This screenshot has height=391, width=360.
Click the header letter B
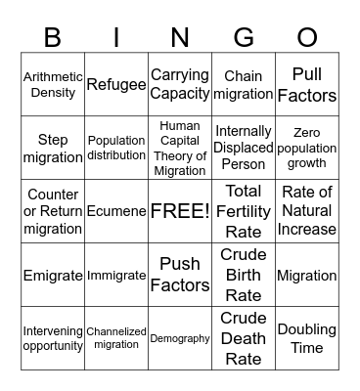(x=53, y=37)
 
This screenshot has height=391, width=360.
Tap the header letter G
(x=244, y=37)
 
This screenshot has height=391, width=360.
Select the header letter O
(x=307, y=37)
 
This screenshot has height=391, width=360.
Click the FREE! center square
(x=180, y=211)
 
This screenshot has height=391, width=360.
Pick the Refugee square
(x=116, y=84)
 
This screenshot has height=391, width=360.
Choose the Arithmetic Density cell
(x=53, y=84)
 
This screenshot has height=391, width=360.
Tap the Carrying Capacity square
(x=180, y=84)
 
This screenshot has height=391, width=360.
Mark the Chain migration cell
(x=244, y=84)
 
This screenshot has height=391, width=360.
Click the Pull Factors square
(x=307, y=84)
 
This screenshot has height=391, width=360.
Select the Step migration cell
(x=53, y=148)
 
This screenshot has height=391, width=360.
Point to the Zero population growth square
(x=307, y=148)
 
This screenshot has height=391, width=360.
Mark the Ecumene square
(x=116, y=211)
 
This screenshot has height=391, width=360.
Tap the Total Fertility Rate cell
(x=244, y=211)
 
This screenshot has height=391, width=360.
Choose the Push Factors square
(x=180, y=275)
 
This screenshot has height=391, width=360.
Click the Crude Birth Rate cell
(x=244, y=275)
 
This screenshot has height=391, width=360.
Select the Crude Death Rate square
(x=244, y=338)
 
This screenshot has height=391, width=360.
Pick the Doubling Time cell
(x=307, y=338)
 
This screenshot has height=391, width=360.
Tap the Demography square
(x=180, y=338)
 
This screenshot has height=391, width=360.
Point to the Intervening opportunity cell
(x=53, y=338)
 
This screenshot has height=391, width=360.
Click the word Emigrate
(x=53, y=276)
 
